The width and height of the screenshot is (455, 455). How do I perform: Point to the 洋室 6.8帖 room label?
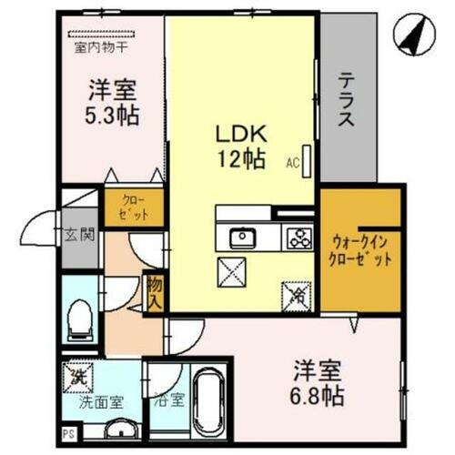pyautogui.click(x=318, y=383)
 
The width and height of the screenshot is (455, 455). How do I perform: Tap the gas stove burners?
pyautogui.click(x=298, y=239)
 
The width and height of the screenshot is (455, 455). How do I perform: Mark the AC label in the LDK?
pyautogui.click(x=293, y=164)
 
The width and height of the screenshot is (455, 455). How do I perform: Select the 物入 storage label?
pyautogui.click(x=154, y=292)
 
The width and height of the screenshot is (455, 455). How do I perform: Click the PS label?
pyautogui.click(x=68, y=433)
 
